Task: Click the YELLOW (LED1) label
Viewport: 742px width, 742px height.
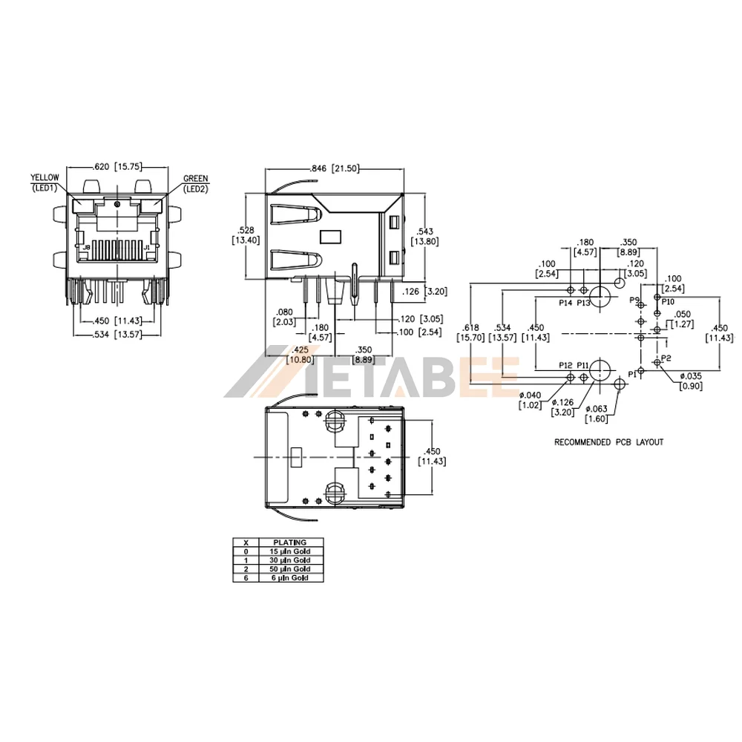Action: [44, 183]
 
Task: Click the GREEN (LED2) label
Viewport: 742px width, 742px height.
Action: [196, 183]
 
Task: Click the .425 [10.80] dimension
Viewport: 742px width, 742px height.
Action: [301, 355]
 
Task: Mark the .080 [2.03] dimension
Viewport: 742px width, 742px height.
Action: [284, 317]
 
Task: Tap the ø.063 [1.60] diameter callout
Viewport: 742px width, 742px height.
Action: [597, 414]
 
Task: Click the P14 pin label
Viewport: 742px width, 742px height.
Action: [566, 303]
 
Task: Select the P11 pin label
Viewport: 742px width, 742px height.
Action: [583, 366]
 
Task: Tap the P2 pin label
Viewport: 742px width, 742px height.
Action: [666, 358]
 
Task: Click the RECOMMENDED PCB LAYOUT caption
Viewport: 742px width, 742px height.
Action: [609, 442]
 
